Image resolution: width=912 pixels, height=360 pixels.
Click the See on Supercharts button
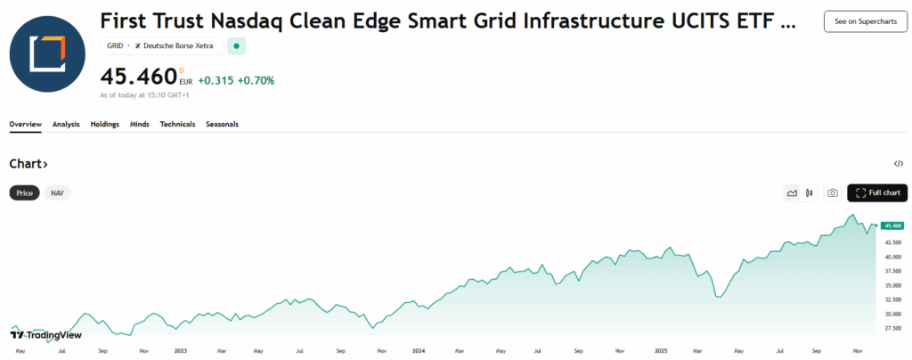click(859, 21)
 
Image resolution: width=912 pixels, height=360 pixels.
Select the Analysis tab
click(66, 124)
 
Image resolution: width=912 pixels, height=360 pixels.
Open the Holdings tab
click(104, 124)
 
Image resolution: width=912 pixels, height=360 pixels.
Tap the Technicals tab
click(177, 124)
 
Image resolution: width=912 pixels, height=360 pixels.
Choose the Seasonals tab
click(222, 124)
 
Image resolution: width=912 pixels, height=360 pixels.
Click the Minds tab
click(139, 124)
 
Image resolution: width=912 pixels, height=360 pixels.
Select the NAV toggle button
click(57, 192)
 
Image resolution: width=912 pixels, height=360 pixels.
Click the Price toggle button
click(24, 192)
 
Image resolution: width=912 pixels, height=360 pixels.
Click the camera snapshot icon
click(832, 192)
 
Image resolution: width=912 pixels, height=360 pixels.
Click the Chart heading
click(28, 164)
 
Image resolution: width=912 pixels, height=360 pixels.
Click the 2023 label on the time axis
click(181, 351)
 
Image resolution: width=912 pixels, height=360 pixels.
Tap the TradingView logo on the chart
click(46, 335)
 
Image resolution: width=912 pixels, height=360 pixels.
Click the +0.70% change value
click(256, 80)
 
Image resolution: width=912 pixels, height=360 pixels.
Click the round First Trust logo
click(47, 53)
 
